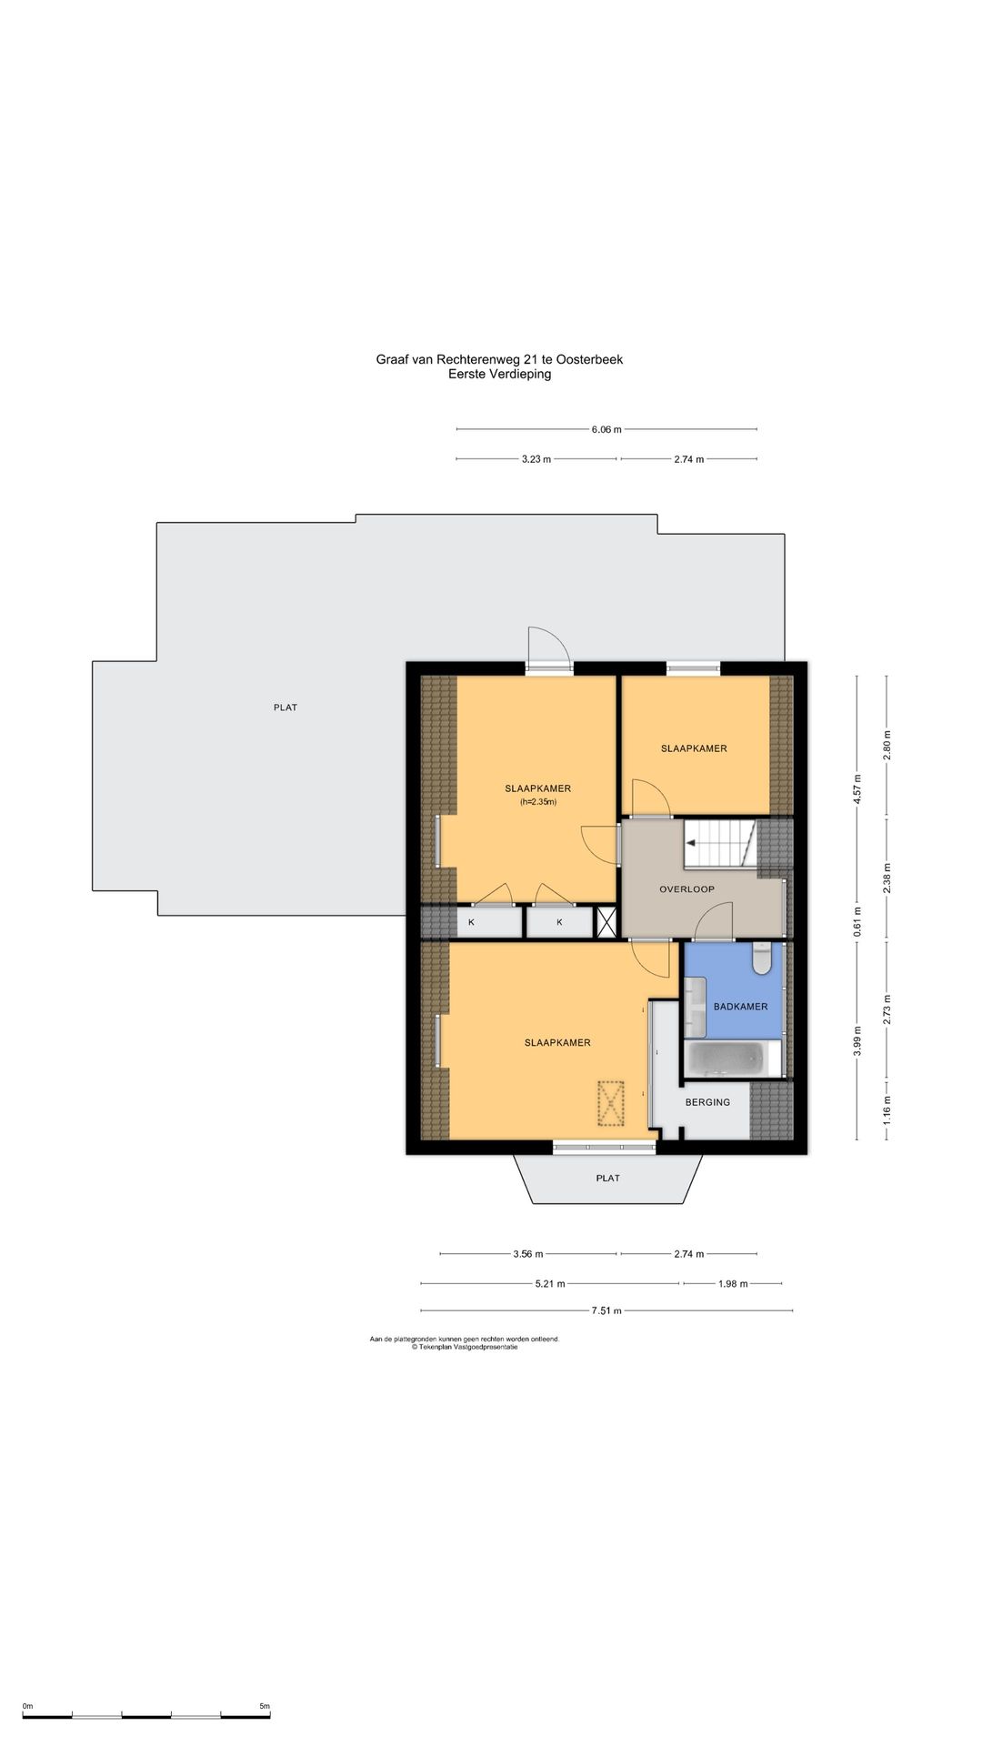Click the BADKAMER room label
coord(740,1007)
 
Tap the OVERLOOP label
coord(686,889)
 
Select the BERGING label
coord(707,1102)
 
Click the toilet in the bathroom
coord(761,958)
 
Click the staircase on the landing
coord(719,843)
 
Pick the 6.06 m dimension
coord(606,430)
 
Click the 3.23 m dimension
coord(536,459)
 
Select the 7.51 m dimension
coord(606,1310)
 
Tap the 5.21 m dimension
coord(550,1284)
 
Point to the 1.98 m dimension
coord(733,1284)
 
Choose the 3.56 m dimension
coord(527,1254)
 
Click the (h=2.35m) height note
coord(537,802)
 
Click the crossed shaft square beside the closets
coord(606,922)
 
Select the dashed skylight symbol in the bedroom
coord(611,1103)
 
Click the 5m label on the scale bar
coord(265,1706)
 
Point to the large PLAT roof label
coord(286,707)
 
